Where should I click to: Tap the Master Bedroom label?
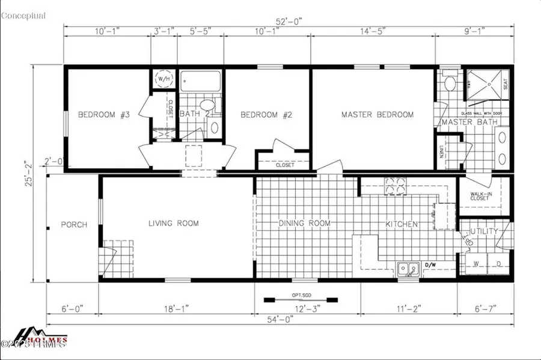(x=377, y=114)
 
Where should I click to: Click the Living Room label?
(x=174, y=224)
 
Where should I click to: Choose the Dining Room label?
(x=305, y=224)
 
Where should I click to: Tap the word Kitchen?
(x=402, y=224)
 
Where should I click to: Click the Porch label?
(x=74, y=225)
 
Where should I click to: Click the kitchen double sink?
(x=408, y=269)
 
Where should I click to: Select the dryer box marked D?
(x=499, y=264)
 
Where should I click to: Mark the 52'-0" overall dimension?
(x=289, y=22)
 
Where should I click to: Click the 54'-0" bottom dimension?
(x=281, y=320)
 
